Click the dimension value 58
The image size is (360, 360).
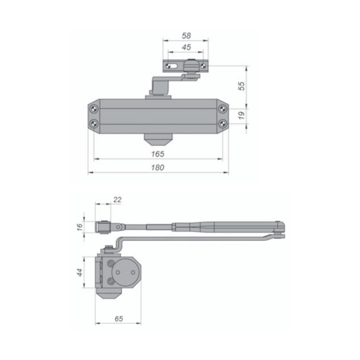pos(186,36)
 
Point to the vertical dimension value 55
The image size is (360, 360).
pos(242,85)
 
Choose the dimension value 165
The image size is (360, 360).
pos(158,154)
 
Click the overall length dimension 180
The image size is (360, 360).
pos(158,167)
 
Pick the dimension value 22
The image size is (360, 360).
pos(117,200)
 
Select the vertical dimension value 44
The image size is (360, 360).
pos(80,272)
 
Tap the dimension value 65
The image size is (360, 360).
pos(118,318)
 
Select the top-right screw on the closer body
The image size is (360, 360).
pos(222,109)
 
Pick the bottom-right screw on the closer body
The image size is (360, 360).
pos(222,123)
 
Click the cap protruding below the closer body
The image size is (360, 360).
pos(158,138)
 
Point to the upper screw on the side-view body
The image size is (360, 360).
pos(110,263)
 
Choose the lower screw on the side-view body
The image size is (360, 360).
pos(110,281)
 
